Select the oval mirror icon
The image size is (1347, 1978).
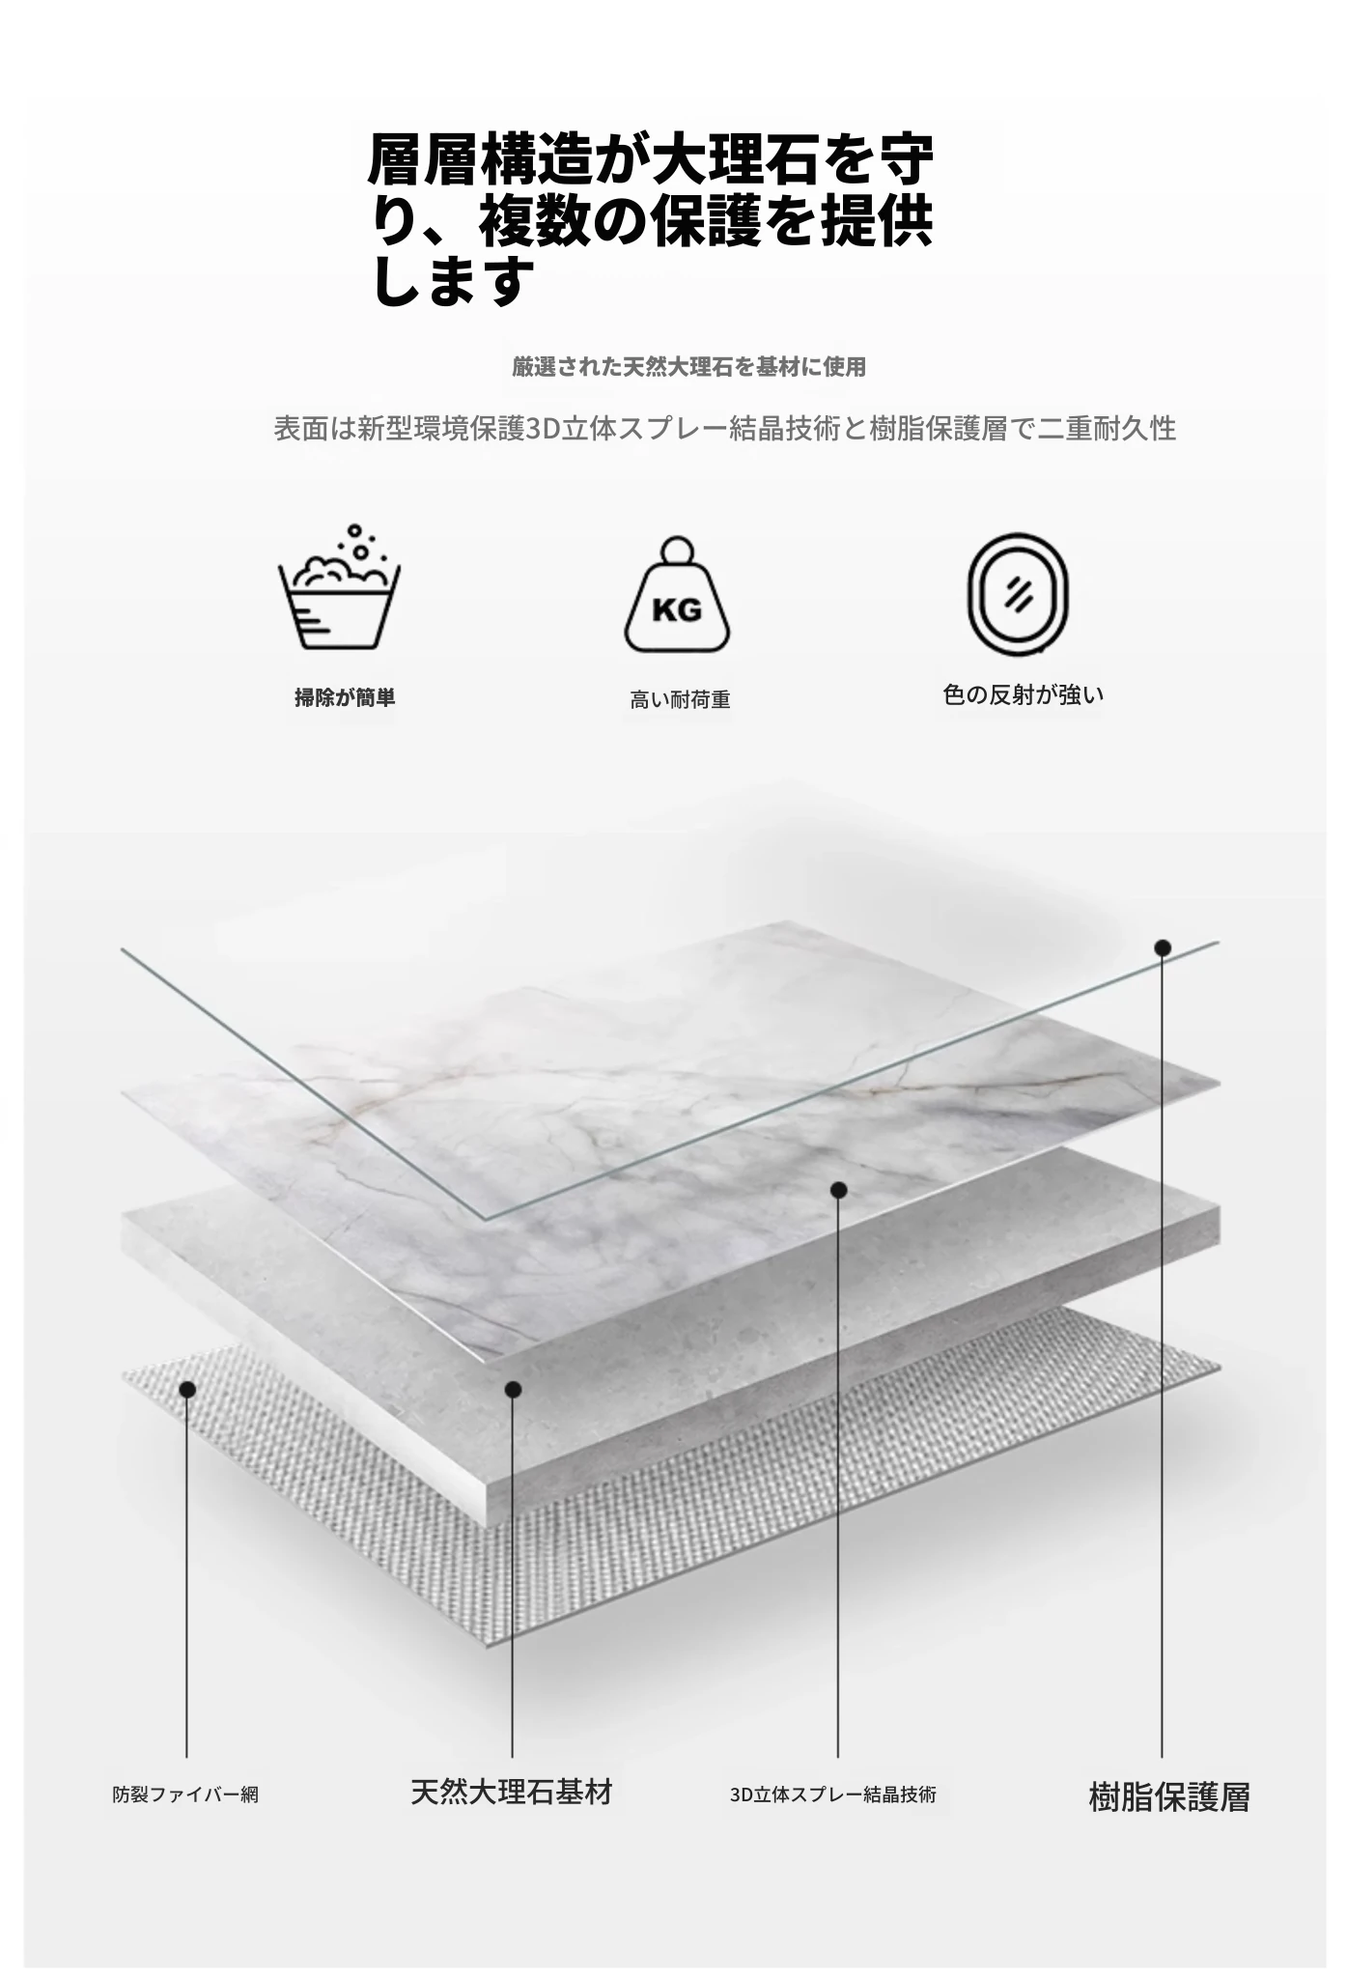(x=1018, y=592)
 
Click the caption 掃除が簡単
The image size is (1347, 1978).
(x=345, y=697)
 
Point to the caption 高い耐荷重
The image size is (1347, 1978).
(x=680, y=700)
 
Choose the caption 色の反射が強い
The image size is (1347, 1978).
(x=1023, y=694)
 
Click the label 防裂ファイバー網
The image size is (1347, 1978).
(x=185, y=1794)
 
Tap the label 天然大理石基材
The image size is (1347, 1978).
(x=512, y=1792)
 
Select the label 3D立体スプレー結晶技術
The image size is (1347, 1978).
(x=833, y=1794)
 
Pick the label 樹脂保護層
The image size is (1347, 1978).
(x=1168, y=1796)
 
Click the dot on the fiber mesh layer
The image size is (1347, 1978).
(x=187, y=1389)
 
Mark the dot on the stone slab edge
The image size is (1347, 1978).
(x=513, y=1389)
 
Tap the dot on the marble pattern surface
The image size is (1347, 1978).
(x=838, y=1190)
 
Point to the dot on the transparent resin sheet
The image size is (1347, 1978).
(x=1163, y=947)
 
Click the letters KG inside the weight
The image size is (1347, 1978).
(x=677, y=610)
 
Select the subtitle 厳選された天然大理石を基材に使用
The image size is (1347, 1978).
(x=688, y=367)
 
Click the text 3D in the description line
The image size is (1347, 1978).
(x=542, y=428)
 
